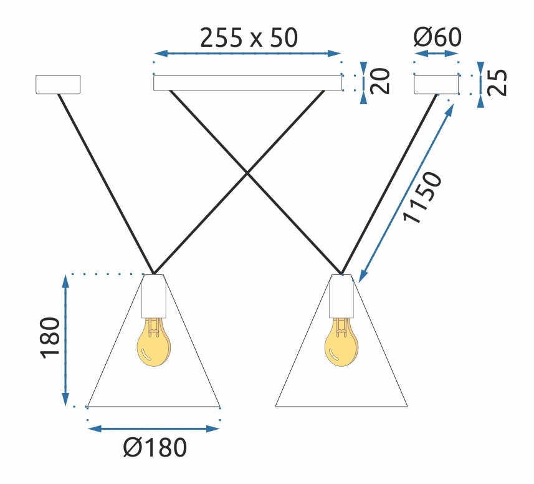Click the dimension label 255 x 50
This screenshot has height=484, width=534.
tap(249, 38)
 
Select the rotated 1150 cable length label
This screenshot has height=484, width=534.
tap(423, 197)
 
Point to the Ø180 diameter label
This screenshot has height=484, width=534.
tap(155, 447)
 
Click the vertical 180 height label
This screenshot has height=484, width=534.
tap(50, 339)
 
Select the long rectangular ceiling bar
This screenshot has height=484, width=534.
tap(247, 83)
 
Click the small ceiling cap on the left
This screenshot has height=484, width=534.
tap(58, 85)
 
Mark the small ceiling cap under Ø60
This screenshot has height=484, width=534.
tap(436, 84)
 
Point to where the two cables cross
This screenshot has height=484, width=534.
tap(247, 173)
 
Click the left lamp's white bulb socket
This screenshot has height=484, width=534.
tap(154, 297)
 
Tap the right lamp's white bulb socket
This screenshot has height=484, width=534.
tap(341, 297)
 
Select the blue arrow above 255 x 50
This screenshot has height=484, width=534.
tap(247, 54)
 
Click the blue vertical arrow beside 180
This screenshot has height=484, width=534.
tap(65, 340)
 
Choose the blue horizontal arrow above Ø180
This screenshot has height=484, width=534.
tap(154, 428)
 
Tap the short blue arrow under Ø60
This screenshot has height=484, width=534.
tap(436, 54)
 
